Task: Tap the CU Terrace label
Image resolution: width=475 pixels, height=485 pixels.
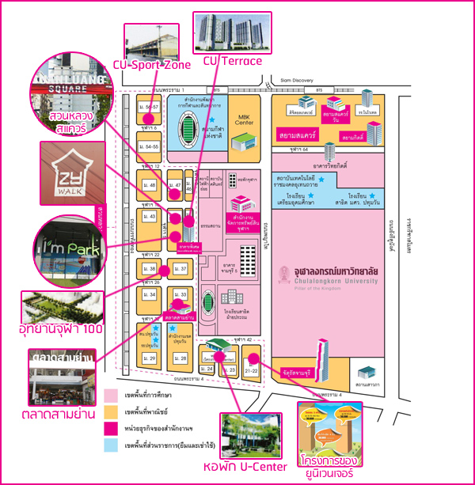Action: pyautogui.click(x=232, y=60)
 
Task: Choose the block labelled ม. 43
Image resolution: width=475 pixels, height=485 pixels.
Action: pyautogui.click(x=148, y=216)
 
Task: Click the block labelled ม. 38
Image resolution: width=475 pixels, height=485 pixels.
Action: pyautogui.click(x=149, y=269)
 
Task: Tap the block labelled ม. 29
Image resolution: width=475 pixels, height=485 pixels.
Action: pyautogui.click(x=149, y=359)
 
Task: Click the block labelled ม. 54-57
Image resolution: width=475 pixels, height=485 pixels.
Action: pyautogui.click(x=148, y=106)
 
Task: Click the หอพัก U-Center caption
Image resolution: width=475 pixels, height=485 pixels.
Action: pyautogui.click(x=235, y=466)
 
